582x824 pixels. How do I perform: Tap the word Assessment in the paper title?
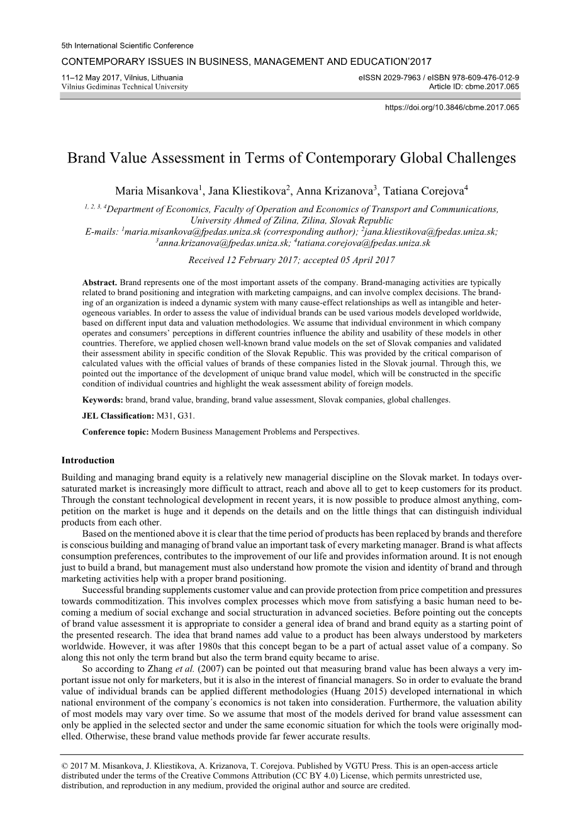[189, 157]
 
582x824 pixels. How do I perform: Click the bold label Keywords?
[103, 400]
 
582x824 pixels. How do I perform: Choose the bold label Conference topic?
[116, 432]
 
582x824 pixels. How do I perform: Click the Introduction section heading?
[88, 460]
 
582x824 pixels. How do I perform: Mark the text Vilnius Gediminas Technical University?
[125, 87]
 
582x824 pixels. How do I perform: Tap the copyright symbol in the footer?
[65, 766]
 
